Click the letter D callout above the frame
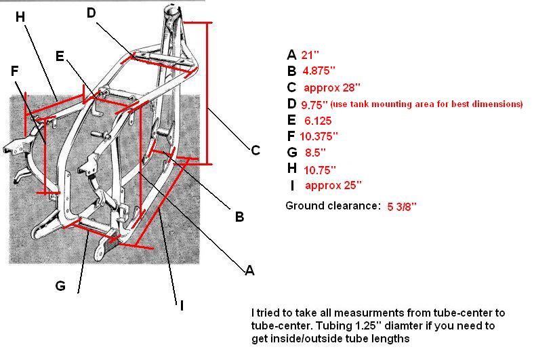tap(92, 14)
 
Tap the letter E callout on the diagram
tap(60, 56)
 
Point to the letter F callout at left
tap(15, 71)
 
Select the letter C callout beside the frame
tap(255, 150)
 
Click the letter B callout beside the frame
tap(239, 217)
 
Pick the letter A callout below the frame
tap(249, 271)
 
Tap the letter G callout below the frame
tap(60, 286)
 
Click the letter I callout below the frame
tap(181, 306)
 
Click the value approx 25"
tap(333, 185)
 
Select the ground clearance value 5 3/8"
tap(402, 206)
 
